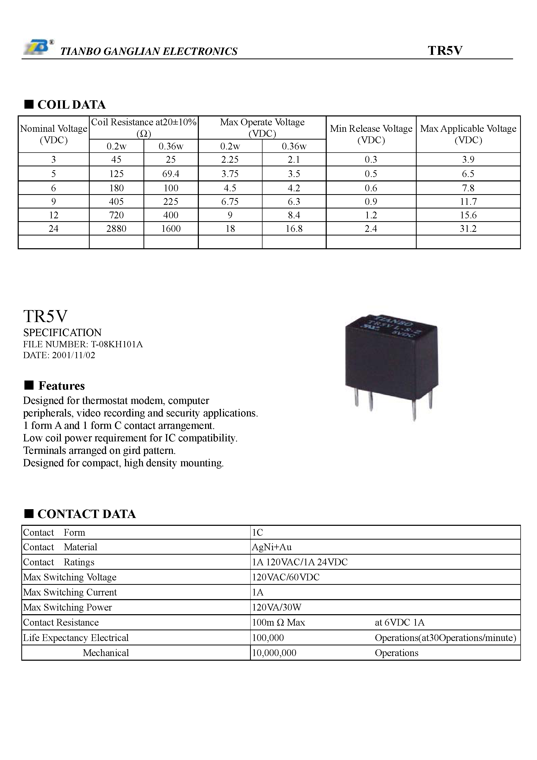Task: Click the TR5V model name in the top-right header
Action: click(x=445, y=51)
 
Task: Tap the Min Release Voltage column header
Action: click(x=371, y=134)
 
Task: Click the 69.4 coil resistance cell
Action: click(x=171, y=174)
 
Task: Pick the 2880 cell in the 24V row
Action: click(x=116, y=229)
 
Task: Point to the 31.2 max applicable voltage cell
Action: click(x=468, y=229)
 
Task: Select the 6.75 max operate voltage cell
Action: click(x=230, y=202)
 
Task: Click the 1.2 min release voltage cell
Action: click(x=371, y=215)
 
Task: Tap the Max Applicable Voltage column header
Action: click(x=468, y=134)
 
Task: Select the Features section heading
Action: click(x=61, y=386)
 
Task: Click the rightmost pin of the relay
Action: click(x=430, y=399)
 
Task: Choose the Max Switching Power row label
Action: click(x=68, y=607)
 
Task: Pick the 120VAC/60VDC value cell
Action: click(x=286, y=577)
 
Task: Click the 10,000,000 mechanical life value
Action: click(x=274, y=653)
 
